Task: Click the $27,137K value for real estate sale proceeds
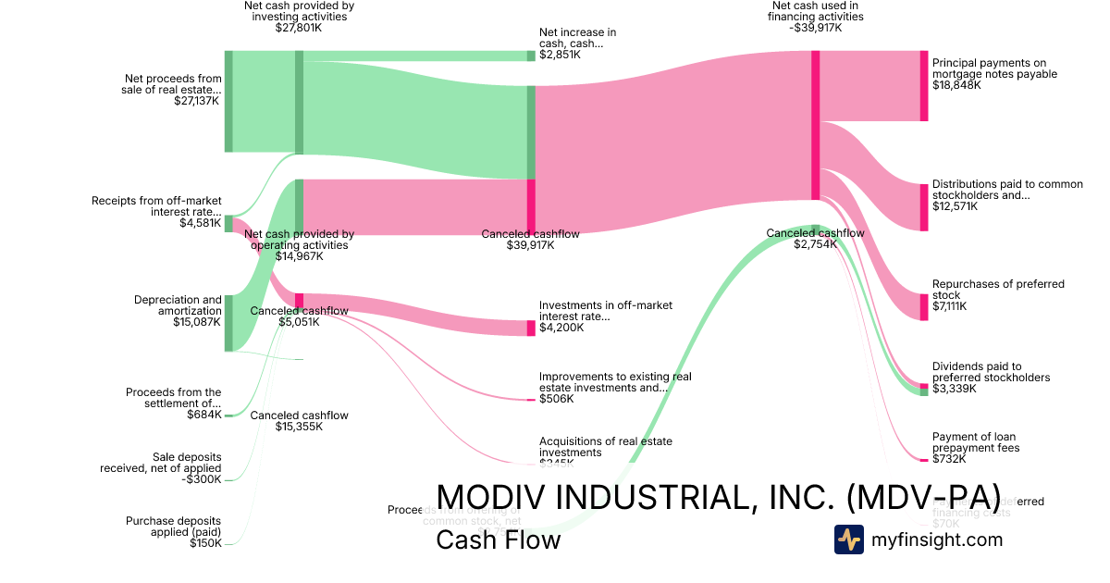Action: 196,101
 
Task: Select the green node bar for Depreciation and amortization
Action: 228,323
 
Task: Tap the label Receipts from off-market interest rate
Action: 156,206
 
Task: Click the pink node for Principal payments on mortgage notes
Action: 923,86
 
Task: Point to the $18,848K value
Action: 956,85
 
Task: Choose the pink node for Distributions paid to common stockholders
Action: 923,207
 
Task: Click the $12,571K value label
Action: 956,206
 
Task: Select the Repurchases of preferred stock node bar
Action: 923,306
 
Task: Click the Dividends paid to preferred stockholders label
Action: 991,372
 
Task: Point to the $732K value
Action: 949,459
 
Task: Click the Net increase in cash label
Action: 577,38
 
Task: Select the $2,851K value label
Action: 561,55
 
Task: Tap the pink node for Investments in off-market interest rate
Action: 531,328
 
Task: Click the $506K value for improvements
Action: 556,399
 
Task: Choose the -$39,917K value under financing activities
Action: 817,28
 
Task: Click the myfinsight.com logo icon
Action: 849,540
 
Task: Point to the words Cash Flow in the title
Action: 498,540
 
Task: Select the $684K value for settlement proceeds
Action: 203,415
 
